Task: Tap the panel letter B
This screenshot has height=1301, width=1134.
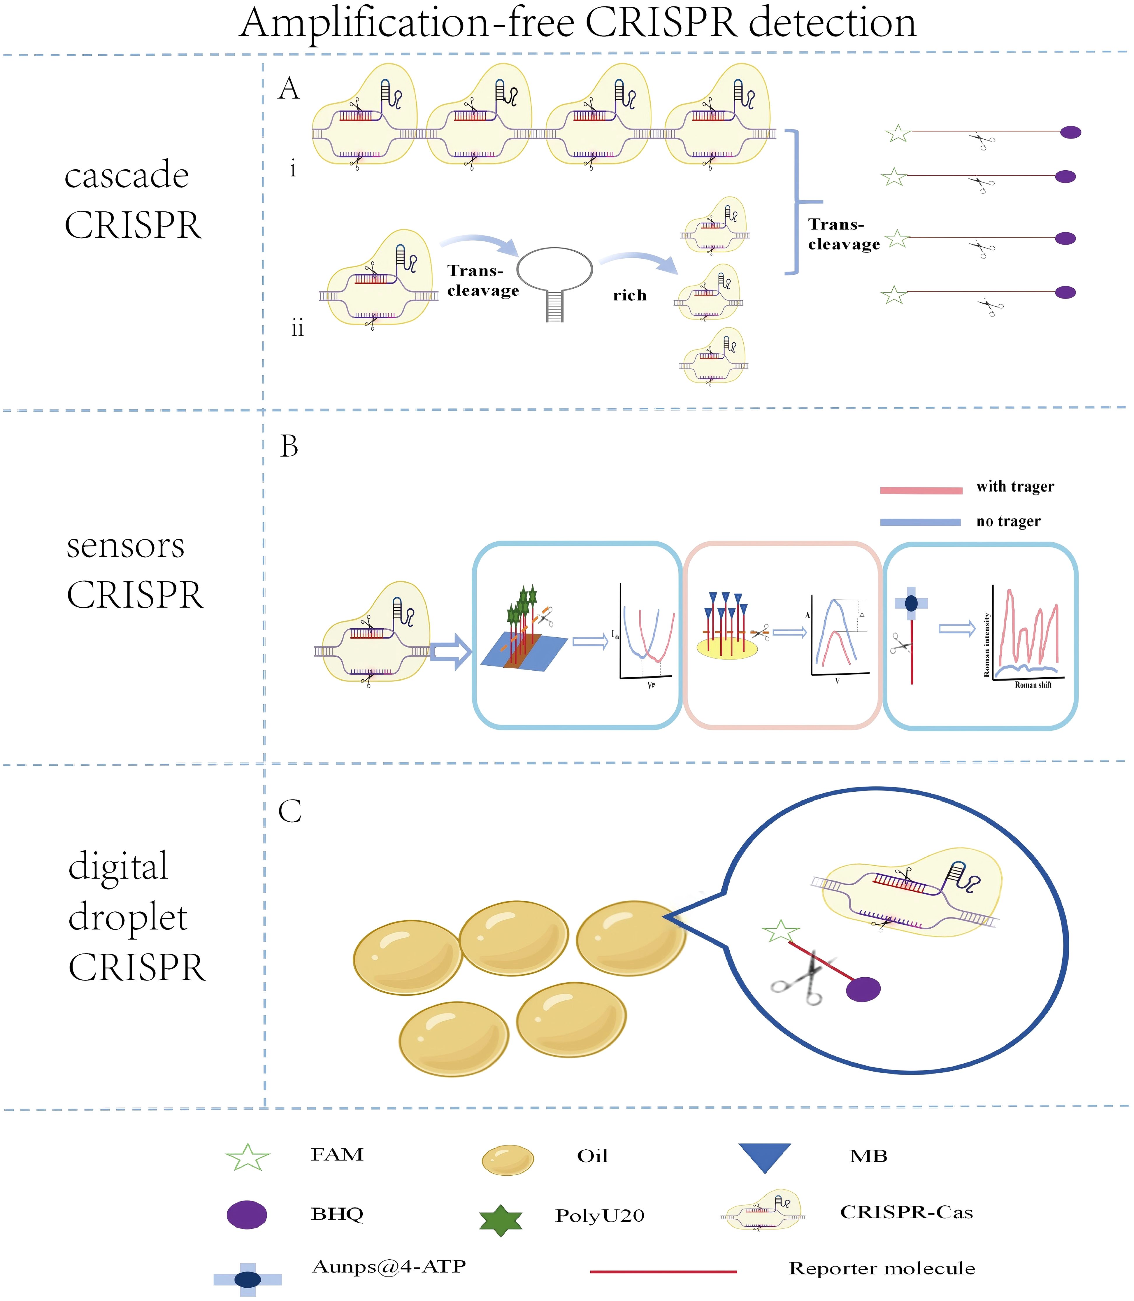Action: pyautogui.click(x=289, y=447)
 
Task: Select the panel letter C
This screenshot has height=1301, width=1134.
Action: pyautogui.click(x=290, y=811)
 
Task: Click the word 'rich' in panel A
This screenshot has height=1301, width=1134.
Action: pyautogui.click(x=630, y=295)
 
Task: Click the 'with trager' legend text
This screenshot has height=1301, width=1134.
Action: pyautogui.click(x=1015, y=487)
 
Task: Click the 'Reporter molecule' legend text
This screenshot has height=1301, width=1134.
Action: pyautogui.click(x=882, y=1269)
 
